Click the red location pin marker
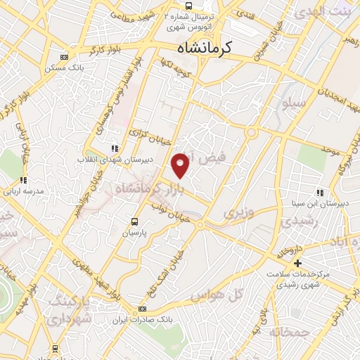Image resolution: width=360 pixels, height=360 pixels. coord(181,165)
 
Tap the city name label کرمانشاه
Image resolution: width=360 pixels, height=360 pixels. coord(209,48)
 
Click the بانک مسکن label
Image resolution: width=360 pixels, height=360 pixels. coord(63,67)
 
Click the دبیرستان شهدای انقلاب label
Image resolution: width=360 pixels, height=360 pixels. coord(113,160)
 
